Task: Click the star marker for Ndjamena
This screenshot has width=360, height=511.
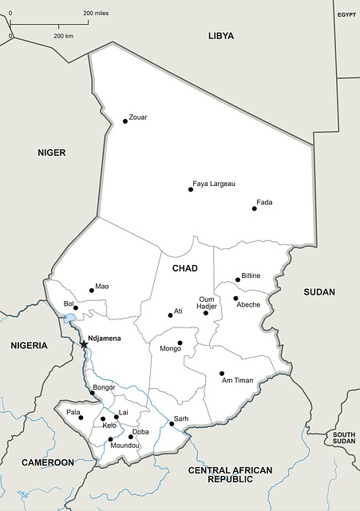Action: pyautogui.click(x=84, y=344)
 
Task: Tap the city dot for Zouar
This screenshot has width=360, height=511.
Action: pyautogui.click(x=125, y=121)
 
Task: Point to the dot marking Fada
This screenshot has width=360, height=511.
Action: pyautogui.click(x=255, y=208)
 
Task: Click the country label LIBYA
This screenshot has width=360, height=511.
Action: pyautogui.click(x=221, y=36)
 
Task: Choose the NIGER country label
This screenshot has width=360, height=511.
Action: pyautogui.click(x=51, y=153)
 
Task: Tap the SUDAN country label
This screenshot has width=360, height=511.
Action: pyautogui.click(x=319, y=292)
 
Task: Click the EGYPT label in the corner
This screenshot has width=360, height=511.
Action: pyautogui.click(x=346, y=15)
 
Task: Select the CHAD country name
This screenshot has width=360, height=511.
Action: pyautogui.click(x=184, y=269)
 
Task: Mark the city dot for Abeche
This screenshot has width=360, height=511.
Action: pyautogui.click(x=235, y=299)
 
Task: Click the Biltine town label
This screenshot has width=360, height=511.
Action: pyautogui.click(x=251, y=275)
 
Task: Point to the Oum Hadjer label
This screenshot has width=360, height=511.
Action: pyautogui.click(x=208, y=303)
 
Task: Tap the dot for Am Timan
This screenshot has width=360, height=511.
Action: pyautogui.click(x=222, y=373)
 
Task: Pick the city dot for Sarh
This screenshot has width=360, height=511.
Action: pyautogui.click(x=172, y=424)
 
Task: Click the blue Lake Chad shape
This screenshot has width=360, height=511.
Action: pyautogui.click(x=70, y=319)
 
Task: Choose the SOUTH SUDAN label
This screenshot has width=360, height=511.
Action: pyautogui.click(x=344, y=438)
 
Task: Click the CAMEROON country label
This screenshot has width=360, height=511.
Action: pyautogui.click(x=48, y=463)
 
